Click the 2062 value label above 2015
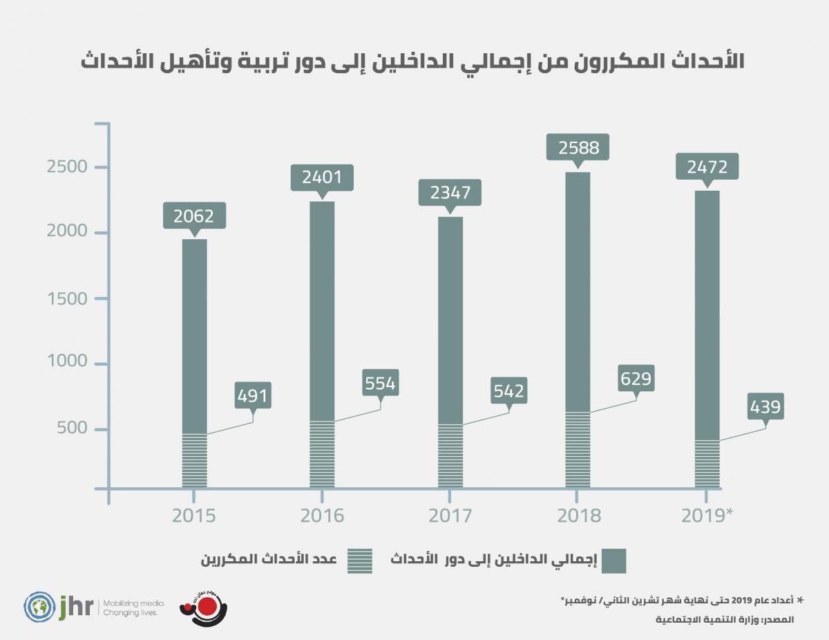194,216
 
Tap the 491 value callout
252,396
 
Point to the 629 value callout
636,379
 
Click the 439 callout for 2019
765,407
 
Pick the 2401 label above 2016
322,178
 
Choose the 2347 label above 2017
450,193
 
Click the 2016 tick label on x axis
322,516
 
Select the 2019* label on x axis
706,516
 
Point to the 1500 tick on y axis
68,299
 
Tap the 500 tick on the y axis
74,429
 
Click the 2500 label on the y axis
68,167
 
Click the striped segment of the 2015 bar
194,461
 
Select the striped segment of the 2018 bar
578,450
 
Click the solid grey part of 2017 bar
450,318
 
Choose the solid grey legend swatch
613,561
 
